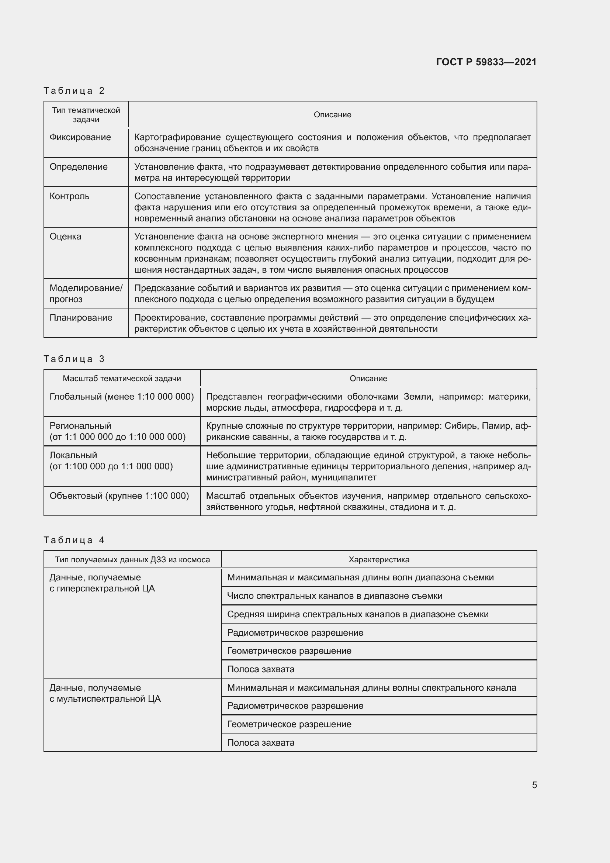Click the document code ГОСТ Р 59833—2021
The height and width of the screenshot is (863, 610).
[x=486, y=62]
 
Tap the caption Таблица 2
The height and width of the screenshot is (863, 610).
[x=74, y=91]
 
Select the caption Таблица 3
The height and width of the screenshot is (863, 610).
[x=74, y=359]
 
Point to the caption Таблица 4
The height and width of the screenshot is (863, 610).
[x=74, y=540]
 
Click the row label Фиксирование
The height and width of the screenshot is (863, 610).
[x=80, y=137]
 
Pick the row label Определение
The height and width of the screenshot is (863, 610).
[x=79, y=167]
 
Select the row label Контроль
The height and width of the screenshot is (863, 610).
[x=69, y=196]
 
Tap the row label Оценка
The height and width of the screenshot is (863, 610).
[x=65, y=237]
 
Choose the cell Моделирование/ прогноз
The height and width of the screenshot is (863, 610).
[x=86, y=294]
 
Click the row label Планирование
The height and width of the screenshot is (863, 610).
[x=81, y=318]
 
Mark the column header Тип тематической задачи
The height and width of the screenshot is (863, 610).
[x=86, y=115]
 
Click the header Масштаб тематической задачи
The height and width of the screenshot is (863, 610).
[x=122, y=379]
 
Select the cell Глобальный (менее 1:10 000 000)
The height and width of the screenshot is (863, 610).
[x=122, y=397]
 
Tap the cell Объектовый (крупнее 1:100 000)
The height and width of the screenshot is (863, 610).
[x=119, y=496]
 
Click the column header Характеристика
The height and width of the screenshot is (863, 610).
[x=379, y=560]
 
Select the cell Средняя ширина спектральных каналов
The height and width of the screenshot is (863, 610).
[x=358, y=615]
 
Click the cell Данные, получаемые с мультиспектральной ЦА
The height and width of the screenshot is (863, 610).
[x=105, y=693]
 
